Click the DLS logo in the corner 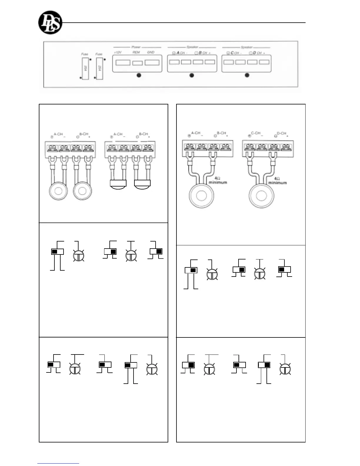click(x=50, y=22)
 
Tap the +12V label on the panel click(x=118, y=52)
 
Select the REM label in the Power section click(x=136, y=52)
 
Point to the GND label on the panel click(x=151, y=52)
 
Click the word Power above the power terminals click(x=136, y=47)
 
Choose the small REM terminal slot click(x=137, y=63)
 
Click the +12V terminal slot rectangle click(x=123, y=63)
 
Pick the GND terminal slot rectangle click(x=152, y=63)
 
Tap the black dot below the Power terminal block click(x=139, y=75)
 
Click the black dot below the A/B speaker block click(x=192, y=75)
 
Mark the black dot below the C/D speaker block click(x=247, y=75)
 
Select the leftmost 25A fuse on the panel click(x=85, y=69)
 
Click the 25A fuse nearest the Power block click(x=99, y=69)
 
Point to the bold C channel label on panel click(x=232, y=53)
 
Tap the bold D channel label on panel click(x=254, y=53)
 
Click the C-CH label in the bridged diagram click(x=256, y=133)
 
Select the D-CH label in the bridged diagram click(x=281, y=134)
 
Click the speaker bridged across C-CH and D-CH click(x=261, y=195)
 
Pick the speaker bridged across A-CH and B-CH click(x=201, y=195)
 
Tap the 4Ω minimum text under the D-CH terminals click(x=277, y=181)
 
